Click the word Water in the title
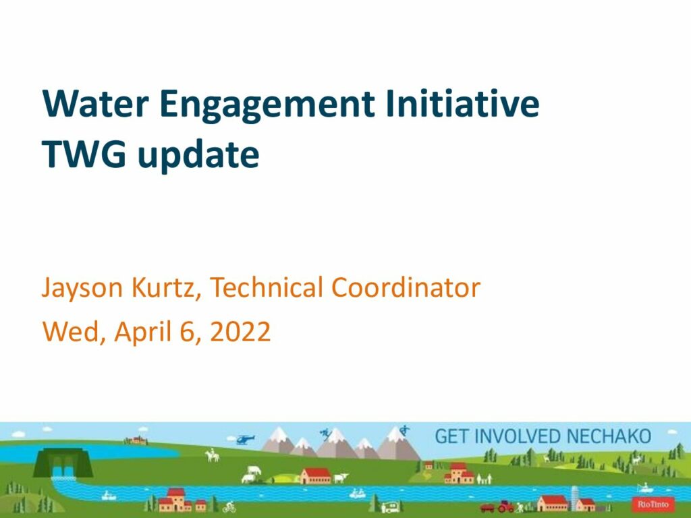[95, 103]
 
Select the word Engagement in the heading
[267, 106]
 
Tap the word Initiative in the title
[462, 103]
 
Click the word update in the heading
[198, 156]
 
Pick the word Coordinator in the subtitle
[406, 287]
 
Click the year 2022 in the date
[240, 332]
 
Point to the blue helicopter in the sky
[245, 439]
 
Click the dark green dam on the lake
[63, 463]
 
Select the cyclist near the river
[229, 507]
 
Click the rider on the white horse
[213, 455]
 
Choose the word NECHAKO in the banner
[609, 436]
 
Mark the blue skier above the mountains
[326, 434]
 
